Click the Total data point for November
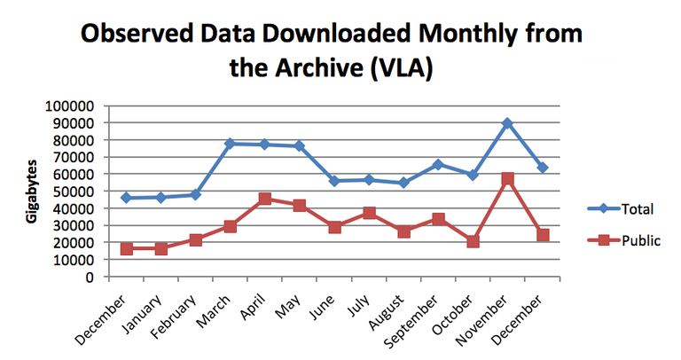click(507, 123)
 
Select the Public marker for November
click(507, 179)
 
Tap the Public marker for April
click(264, 199)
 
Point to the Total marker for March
click(230, 144)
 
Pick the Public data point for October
click(474, 241)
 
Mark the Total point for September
click(438, 165)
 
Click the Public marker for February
click(196, 240)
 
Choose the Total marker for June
click(334, 181)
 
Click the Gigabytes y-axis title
click(32, 192)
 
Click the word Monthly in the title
click(428, 35)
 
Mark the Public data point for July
click(369, 214)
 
